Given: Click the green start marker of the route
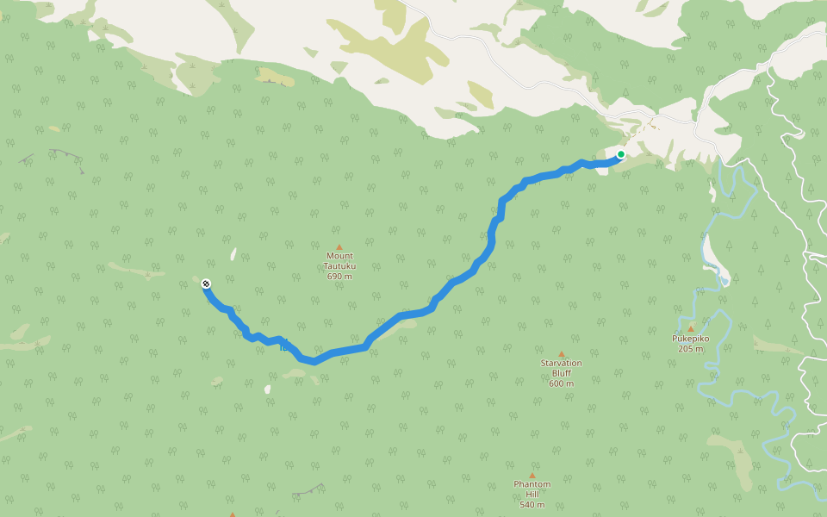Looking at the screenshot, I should pos(620,154).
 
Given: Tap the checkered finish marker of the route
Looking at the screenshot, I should pos(206,283).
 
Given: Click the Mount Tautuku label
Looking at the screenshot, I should pos(340,261).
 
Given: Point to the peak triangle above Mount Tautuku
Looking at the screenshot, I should pos(339,246).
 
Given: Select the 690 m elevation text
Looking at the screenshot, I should pos(340,276).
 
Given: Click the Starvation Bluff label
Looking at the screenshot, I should pos(561,368).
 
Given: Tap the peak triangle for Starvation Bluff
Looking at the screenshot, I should pos(562,353).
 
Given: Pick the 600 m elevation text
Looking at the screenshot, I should pos(561,383).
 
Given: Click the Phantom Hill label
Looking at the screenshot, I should pos(532,489).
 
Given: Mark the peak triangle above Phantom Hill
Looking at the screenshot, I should pos(532,475).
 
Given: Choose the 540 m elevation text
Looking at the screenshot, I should pos(532,504).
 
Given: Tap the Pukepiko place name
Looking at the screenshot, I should pos(690,339).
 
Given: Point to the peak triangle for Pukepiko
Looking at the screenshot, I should pos(690,328).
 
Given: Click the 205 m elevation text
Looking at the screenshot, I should pos(690,348).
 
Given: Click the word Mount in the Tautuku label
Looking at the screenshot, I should pos(340,256).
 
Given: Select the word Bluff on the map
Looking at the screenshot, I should pos(561,373).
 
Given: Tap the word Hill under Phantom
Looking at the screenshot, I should pos(532,494).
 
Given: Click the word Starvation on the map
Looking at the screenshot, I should pos(561,363).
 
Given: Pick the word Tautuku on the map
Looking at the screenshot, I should pos(340,266).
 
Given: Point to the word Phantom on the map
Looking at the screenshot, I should pos(532,484).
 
